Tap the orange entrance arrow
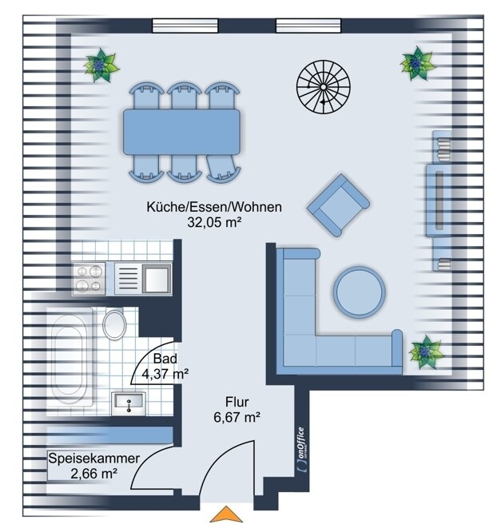[x=226, y=514]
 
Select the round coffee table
[x=360, y=292]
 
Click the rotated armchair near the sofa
[x=338, y=205]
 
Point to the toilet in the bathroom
[x=115, y=323]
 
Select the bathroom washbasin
[x=129, y=403]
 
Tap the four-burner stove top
[x=89, y=278]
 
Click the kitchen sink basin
[x=157, y=279]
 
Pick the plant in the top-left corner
[x=101, y=65]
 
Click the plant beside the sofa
[x=425, y=351]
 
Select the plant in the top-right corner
[x=418, y=63]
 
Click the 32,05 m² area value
[x=214, y=222]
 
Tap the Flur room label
[x=237, y=402]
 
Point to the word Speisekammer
[x=93, y=459]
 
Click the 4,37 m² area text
[x=165, y=374]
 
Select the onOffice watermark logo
[x=301, y=449]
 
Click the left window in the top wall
[x=185, y=26]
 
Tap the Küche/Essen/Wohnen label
[x=214, y=207]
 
